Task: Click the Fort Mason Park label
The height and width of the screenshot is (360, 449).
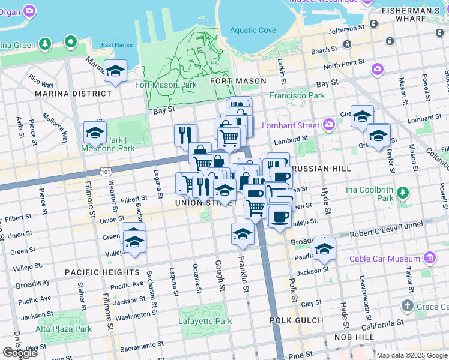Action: click(157, 85)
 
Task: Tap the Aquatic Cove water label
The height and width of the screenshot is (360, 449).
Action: click(253, 30)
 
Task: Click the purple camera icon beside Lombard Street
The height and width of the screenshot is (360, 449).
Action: click(328, 125)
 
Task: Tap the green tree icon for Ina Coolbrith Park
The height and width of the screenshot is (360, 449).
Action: click(403, 193)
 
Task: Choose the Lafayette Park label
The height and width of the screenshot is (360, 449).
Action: click(205, 321)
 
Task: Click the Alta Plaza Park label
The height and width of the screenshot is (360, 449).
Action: click(64, 329)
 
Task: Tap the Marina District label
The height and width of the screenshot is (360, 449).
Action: click(73, 94)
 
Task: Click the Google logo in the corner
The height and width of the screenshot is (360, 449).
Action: click(19, 353)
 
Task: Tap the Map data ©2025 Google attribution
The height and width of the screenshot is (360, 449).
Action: click(412, 355)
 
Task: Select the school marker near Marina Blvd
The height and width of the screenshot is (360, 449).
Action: click(115, 71)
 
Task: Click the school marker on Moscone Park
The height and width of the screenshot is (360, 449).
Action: click(95, 132)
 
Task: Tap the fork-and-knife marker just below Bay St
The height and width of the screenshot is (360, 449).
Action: click(185, 135)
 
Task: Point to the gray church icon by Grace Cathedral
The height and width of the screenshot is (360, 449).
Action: click(408, 306)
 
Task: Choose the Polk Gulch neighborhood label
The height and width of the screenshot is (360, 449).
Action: click(296, 320)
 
